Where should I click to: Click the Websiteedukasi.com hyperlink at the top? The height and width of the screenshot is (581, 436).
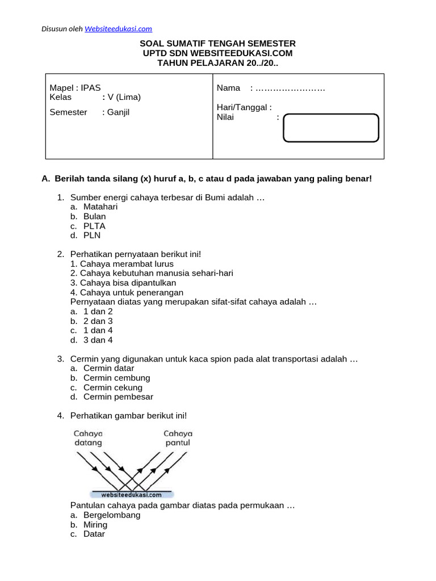click(118, 29)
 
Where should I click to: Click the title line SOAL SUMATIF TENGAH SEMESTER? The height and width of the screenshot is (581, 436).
click(217, 44)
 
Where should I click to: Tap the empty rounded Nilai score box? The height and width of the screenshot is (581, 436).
click(330, 128)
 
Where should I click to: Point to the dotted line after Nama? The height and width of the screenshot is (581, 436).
click(290, 89)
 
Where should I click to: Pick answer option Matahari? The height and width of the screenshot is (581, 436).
click(100, 207)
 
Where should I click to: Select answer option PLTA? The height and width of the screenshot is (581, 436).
click(94, 226)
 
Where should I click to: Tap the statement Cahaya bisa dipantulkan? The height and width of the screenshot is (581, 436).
click(123, 283)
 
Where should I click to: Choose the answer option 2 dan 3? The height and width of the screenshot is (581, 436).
click(98, 321)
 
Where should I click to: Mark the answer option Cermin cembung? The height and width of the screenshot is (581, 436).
click(116, 378)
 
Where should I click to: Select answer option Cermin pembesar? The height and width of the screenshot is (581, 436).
click(118, 397)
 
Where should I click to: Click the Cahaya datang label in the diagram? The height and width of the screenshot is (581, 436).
click(87, 437)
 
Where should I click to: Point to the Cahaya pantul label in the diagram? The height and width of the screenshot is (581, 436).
click(178, 437)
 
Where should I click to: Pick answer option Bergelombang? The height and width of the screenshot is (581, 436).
click(112, 515)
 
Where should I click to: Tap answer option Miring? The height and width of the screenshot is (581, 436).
click(95, 525)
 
